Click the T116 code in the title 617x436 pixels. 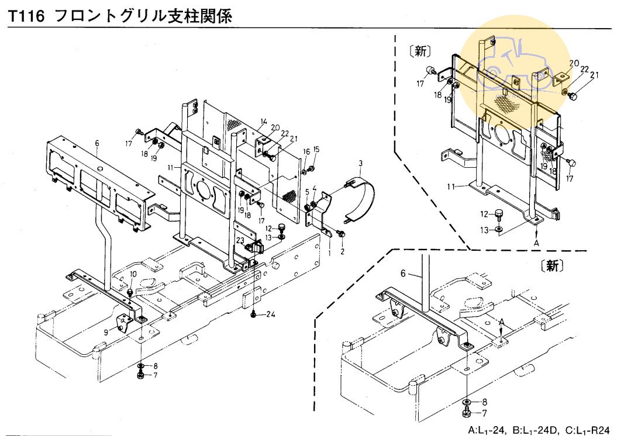(25, 16)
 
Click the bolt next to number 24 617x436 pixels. (254, 314)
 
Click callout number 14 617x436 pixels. (264, 122)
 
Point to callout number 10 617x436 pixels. (133, 274)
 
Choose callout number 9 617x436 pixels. (105, 331)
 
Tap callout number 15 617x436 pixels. (316, 149)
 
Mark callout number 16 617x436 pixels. (306, 153)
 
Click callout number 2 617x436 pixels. (343, 251)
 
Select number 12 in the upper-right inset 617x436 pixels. (484, 213)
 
